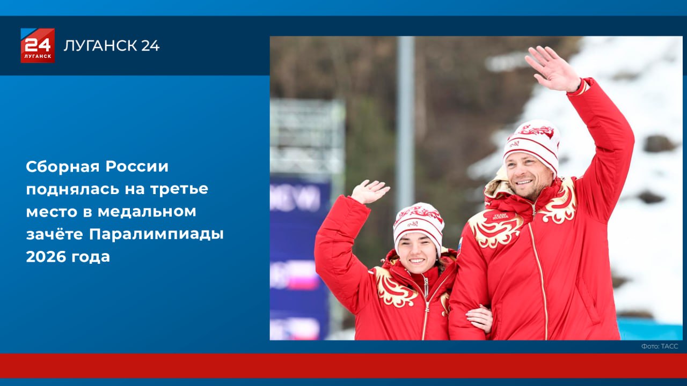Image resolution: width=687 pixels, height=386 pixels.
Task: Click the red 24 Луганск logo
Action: coord(38,46)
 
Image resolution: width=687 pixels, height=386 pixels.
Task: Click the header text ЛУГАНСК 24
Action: coord(112,46)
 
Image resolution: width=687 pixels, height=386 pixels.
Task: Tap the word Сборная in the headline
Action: coord(62,167)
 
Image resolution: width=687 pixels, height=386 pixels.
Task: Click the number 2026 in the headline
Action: coord(46,257)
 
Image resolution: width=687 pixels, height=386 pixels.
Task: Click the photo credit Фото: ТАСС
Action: coord(660,346)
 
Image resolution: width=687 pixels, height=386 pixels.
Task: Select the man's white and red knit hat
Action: coord(532,143)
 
